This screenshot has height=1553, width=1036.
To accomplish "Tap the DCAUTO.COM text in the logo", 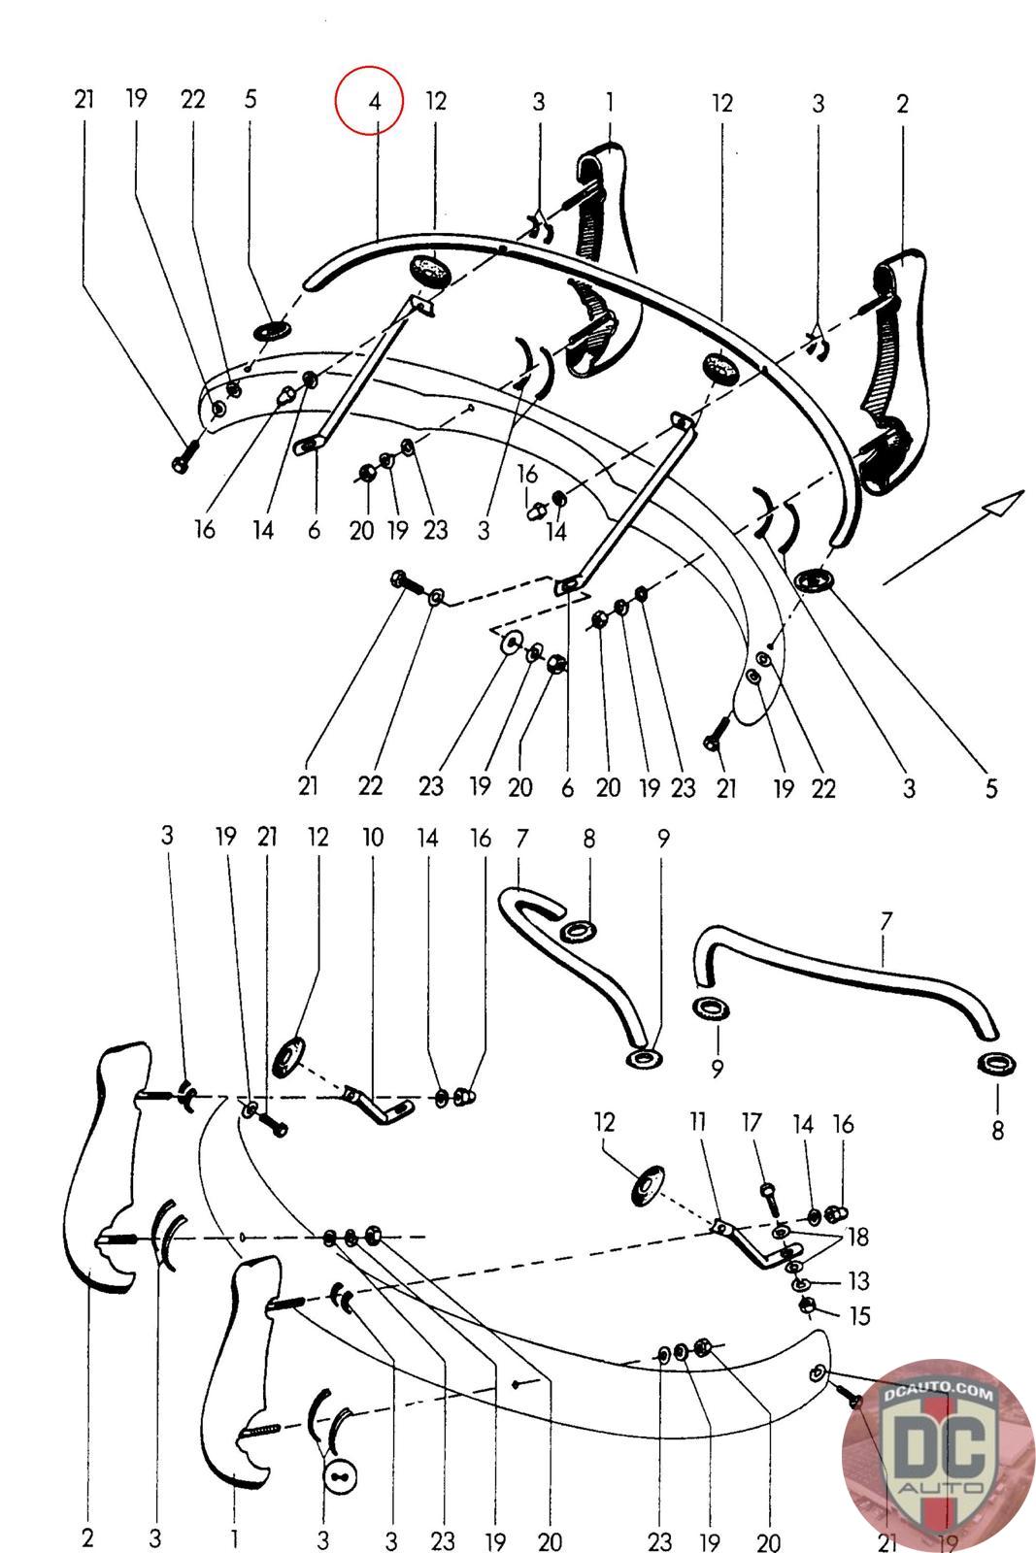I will (x=938, y=1395).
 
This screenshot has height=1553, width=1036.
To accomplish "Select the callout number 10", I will (x=373, y=838).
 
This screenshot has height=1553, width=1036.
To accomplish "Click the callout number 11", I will (x=698, y=1123).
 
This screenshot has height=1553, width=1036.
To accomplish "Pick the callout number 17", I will (x=752, y=1123).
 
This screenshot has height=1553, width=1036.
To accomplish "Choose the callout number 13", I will (x=858, y=1281).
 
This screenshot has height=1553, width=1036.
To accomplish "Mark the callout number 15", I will (x=858, y=1316).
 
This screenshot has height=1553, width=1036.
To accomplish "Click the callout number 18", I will (x=857, y=1238).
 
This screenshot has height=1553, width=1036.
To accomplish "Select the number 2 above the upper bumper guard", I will (x=902, y=104).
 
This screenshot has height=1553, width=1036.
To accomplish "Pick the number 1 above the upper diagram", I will (x=610, y=101).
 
